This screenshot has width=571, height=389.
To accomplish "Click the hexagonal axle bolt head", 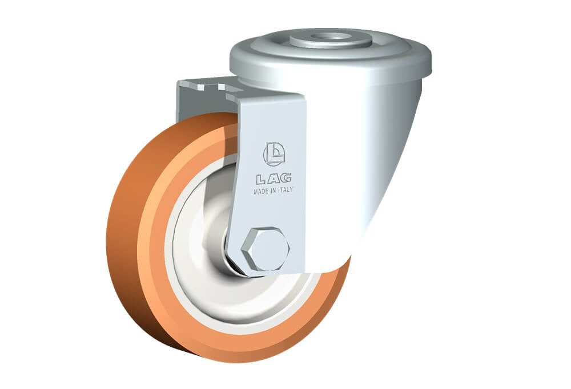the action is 266,250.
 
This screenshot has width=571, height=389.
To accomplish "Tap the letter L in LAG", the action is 262,179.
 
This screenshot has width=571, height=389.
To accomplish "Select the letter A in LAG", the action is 274,179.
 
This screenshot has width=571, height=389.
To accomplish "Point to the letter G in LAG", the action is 286,177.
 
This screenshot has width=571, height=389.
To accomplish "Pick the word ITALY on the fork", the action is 285,190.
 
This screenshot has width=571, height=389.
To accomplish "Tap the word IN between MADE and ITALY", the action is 273,191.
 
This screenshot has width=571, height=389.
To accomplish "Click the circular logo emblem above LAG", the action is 274,155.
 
